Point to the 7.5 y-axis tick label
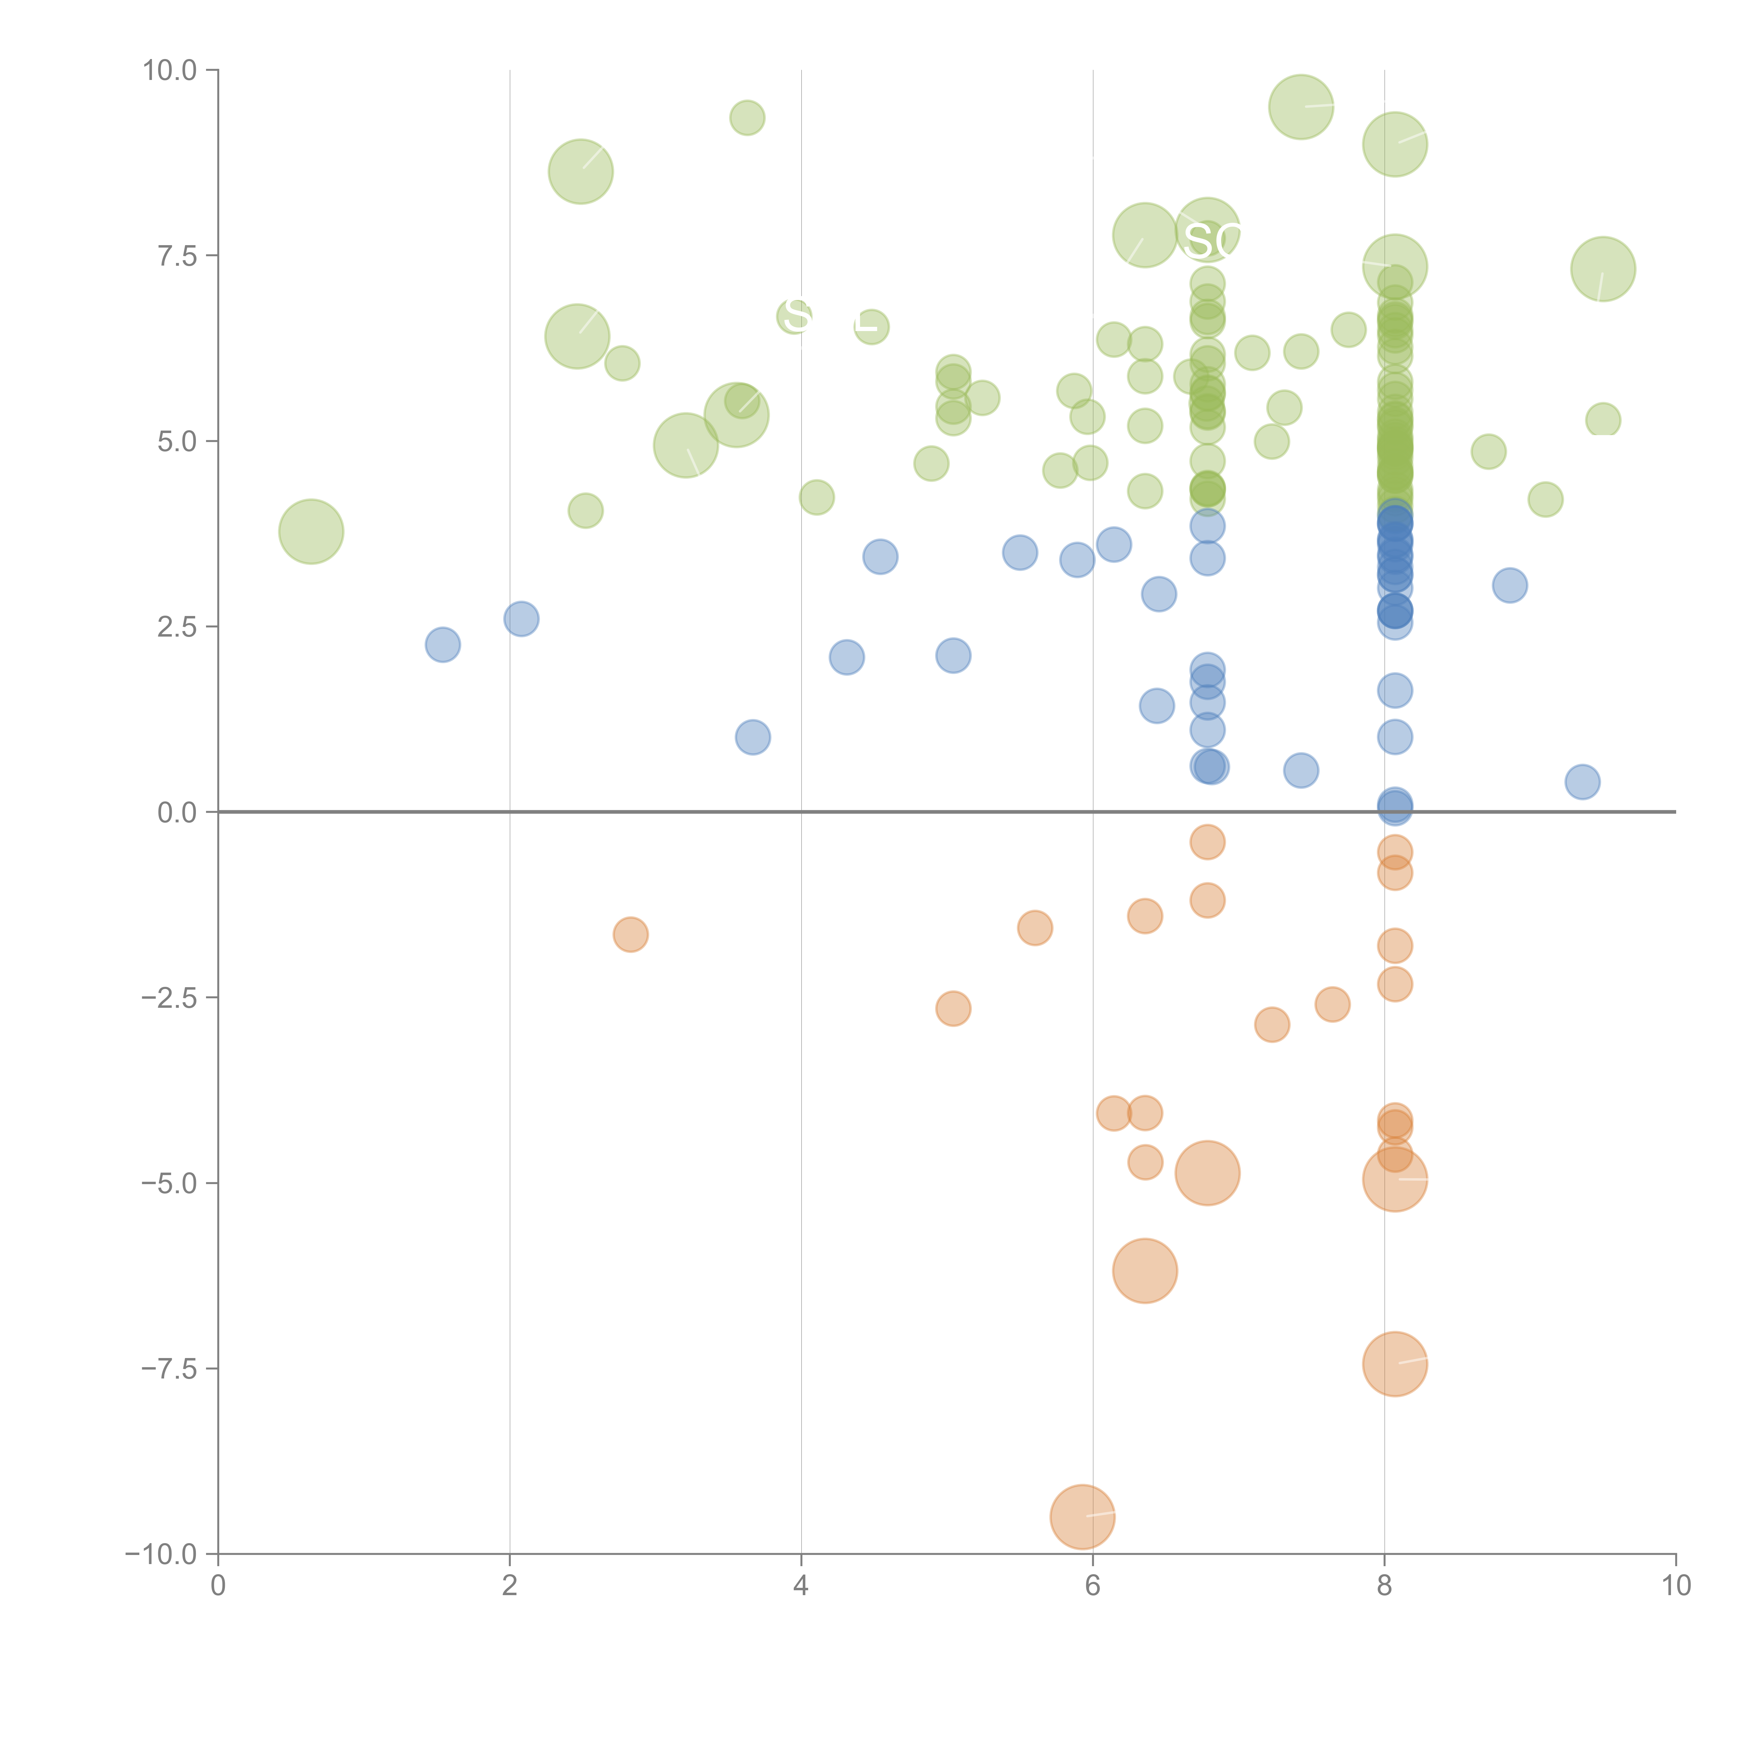[177, 256]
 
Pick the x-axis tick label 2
[510, 1586]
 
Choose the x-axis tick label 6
[1093, 1586]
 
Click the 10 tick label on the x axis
[1675, 1586]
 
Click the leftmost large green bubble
[311, 531]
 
